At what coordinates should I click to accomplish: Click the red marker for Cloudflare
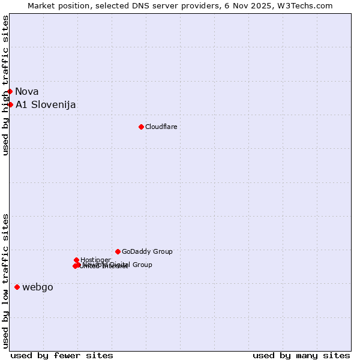[141, 127]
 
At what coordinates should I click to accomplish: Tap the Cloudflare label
[161, 127]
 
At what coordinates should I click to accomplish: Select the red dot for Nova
[10, 91]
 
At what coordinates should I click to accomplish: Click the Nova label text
[27, 91]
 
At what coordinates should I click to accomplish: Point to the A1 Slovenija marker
[10, 104]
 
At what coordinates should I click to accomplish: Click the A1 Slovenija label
[46, 104]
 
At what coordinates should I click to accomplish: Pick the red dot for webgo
[17, 287]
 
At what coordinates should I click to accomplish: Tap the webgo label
[38, 287]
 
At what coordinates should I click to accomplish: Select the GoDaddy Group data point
[118, 251]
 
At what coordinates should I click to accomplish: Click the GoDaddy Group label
[147, 251]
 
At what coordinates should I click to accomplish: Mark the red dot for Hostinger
[76, 260]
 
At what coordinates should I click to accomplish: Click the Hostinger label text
[95, 260]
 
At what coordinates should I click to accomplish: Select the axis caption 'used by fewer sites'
[62, 355]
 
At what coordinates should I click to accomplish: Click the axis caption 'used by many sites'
[301, 355]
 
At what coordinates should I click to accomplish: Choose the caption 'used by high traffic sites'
[5, 85]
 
